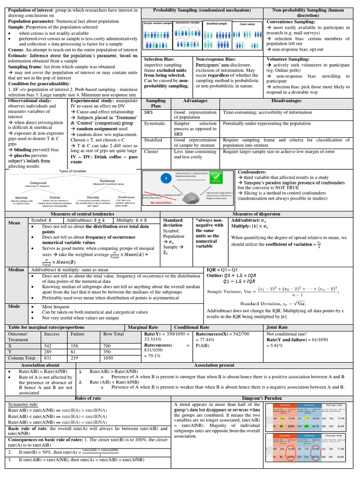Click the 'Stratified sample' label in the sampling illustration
tap(217, 22)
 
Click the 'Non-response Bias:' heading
tap(216, 60)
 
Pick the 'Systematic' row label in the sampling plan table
tap(155, 123)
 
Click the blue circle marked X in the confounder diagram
tap(164, 179)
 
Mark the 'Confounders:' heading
tap(252, 172)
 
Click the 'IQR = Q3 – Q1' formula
tap(222, 270)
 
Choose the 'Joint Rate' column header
tap(277, 327)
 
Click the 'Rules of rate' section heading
tap(88, 398)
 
